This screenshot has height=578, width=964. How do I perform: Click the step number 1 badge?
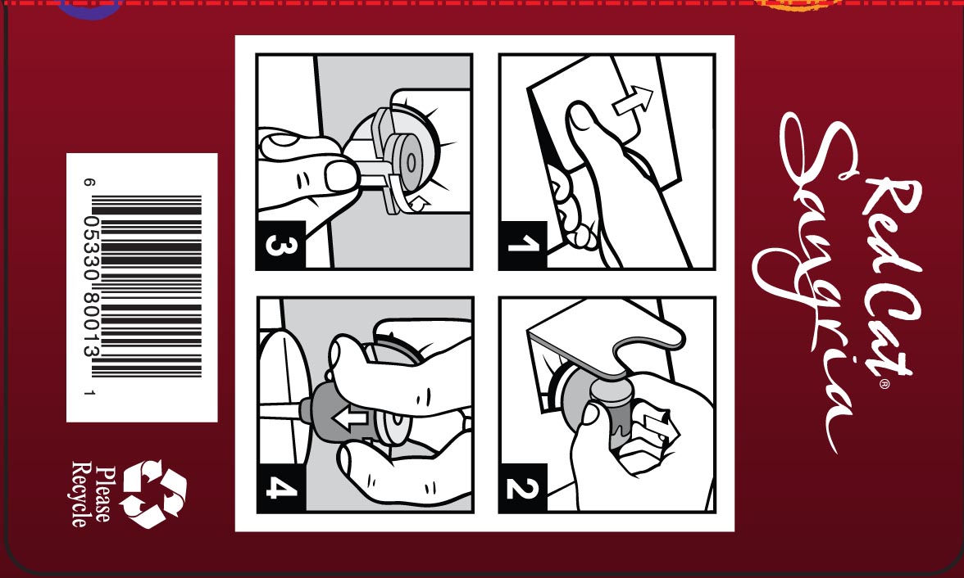523,245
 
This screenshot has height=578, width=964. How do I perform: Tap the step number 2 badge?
523,488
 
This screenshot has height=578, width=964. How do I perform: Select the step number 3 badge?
281,245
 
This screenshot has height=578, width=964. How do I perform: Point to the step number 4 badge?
281,488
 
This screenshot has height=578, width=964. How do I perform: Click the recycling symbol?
154,494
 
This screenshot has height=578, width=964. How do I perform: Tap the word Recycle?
80,494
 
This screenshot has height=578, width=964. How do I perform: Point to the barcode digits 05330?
90,250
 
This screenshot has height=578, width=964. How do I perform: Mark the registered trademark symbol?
884,384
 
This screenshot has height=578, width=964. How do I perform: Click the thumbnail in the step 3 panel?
339,176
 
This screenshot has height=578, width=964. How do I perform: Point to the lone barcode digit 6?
90,183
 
